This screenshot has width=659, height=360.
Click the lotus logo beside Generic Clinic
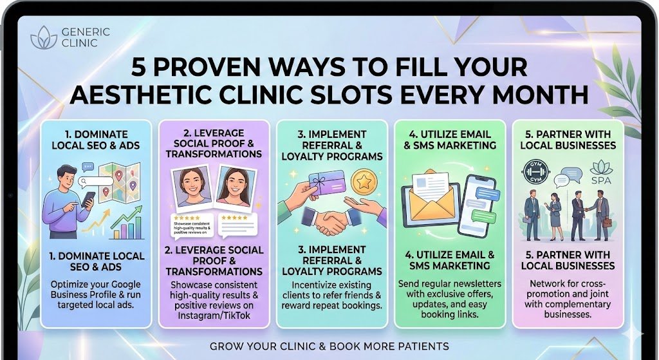click(44, 37)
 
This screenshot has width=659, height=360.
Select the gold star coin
click(364, 182)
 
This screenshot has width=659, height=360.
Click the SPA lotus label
click(601, 173)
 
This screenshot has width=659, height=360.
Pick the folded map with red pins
click(119, 182)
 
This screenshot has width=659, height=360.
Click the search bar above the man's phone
click(95, 182)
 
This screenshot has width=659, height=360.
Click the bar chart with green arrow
click(127, 223)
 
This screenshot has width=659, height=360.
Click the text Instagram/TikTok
click(214, 315)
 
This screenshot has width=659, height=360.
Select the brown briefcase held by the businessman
click(606, 222)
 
